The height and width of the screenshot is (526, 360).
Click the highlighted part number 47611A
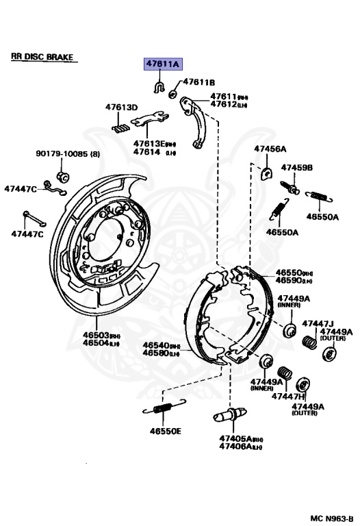click(x=162, y=64)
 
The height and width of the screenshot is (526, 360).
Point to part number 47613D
click(x=121, y=108)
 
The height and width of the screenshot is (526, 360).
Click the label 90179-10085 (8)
click(x=66, y=155)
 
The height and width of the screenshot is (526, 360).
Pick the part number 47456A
click(x=270, y=149)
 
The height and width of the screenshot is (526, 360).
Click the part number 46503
click(x=95, y=335)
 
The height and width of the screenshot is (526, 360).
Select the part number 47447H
click(x=287, y=396)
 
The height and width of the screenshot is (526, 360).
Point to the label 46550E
click(x=166, y=431)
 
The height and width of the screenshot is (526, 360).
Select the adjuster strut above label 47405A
click(x=230, y=416)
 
